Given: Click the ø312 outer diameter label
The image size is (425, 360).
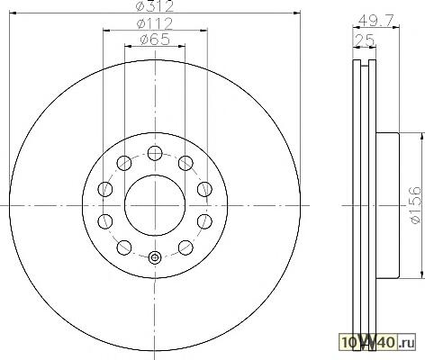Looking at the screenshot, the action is tap(155, 5).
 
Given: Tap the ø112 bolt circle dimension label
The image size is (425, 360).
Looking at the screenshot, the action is tap(155, 23).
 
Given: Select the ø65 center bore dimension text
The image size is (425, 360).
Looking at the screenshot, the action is tap(155, 40).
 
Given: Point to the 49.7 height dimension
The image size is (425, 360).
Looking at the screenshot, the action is tap(375, 20).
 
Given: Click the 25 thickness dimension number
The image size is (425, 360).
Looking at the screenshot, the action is tap(364, 40).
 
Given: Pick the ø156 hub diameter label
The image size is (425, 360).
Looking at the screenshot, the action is tap(416, 205).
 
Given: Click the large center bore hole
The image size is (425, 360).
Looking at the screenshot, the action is tap(155, 205).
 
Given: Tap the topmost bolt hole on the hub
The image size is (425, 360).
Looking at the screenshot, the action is tap(155, 153).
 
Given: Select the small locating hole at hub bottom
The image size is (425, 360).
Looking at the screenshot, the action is tap(155, 257).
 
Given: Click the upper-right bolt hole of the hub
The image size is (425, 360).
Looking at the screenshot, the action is tap(185, 163).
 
